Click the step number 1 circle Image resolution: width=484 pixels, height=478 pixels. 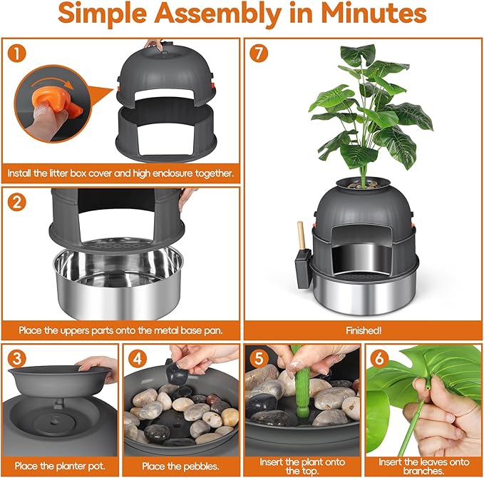coord(16,53)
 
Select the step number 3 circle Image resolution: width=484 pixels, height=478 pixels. coord(16,358)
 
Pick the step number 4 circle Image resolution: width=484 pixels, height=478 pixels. coord(138,358)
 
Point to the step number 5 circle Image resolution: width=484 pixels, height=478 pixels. coord(259,358)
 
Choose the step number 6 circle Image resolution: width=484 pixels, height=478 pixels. coord(380,358)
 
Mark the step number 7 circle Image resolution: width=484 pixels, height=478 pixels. coord(259,53)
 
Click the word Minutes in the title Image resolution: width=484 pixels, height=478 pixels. coord(374,13)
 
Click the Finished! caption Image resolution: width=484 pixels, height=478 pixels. coord(364,330)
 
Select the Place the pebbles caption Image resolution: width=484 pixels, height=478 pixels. coord(180,466)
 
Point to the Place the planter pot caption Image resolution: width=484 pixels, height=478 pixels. coord(60,466)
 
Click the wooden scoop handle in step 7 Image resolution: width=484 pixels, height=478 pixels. coord(301,235)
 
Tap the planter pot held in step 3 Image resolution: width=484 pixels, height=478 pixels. coord(60,380)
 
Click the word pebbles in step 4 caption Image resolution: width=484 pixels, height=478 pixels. coord(200,467)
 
